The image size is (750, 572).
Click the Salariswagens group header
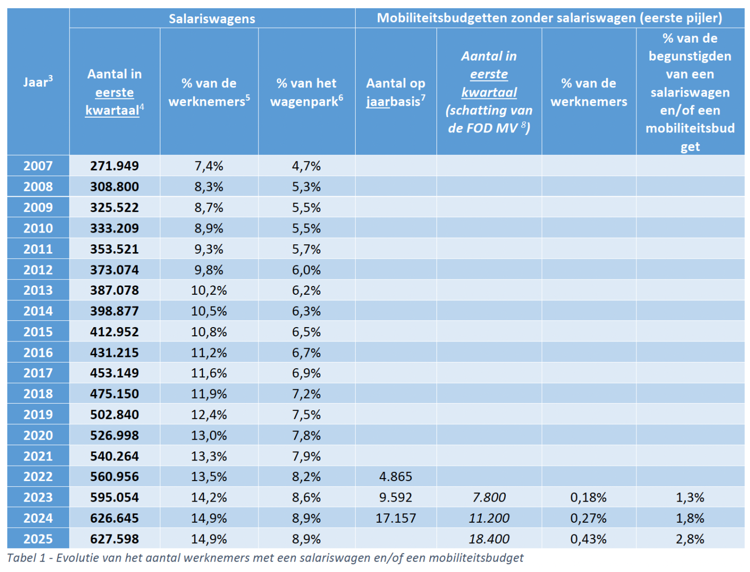[x=212, y=19]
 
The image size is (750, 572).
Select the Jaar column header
[x=38, y=82]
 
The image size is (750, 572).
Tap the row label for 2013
[x=38, y=290]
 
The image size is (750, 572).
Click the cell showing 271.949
[x=114, y=166]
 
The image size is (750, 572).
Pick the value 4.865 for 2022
[x=395, y=476]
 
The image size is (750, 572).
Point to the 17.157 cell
[x=395, y=518]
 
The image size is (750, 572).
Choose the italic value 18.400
[x=489, y=539]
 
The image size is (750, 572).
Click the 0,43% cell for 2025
[x=588, y=539]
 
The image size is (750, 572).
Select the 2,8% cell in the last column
[x=690, y=539]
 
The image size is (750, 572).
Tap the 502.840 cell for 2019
[x=114, y=414]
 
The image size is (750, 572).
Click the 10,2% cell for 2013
[x=209, y=290]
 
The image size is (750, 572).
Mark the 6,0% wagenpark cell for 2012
[x=306, y=270]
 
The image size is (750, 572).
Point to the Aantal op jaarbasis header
[x=395, y=92]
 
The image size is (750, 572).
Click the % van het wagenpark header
[x=306, y=92]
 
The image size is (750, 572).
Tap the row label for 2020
[x=38, y=435]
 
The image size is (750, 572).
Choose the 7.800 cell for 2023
[x=489, y=497]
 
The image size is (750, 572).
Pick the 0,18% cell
[x=588, y=497]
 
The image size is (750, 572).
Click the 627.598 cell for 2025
[x=114, y=539]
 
